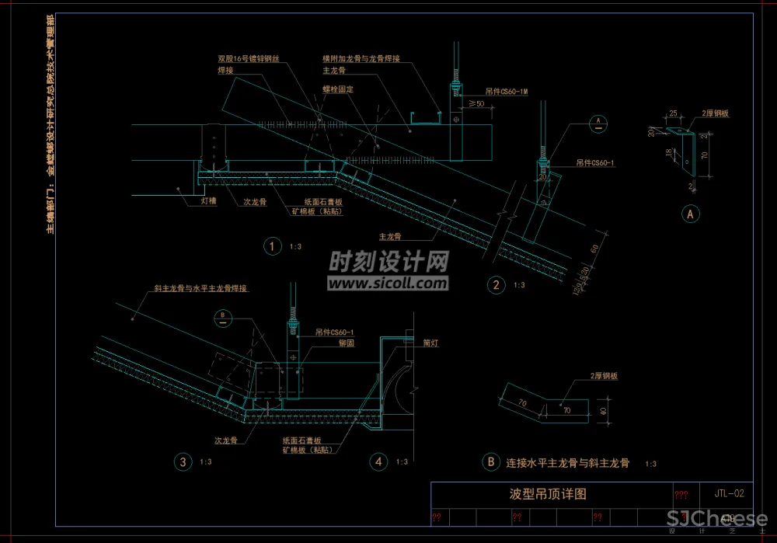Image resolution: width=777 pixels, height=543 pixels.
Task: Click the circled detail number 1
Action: coord(272,247)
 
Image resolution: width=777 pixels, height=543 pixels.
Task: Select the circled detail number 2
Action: coord(496,285)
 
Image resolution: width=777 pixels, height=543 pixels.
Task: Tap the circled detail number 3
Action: coord(183,461)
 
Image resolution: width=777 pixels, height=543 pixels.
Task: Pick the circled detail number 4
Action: coord(378,461)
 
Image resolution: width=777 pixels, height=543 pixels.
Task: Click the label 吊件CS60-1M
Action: coord(507,92)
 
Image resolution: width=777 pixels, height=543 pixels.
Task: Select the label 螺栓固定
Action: coord(339,89)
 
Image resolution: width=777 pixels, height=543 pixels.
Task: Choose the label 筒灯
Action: coord(431,343)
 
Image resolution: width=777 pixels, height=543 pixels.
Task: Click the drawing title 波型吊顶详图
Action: coord(547,493)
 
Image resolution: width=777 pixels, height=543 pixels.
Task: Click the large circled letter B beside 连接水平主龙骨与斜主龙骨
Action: coord(490,462)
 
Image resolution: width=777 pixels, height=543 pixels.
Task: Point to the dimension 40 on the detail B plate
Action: coord(603,409)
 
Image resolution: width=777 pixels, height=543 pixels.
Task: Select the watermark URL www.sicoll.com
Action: coord(388,284)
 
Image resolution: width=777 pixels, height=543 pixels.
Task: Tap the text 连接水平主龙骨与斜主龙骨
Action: coord(568,463)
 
